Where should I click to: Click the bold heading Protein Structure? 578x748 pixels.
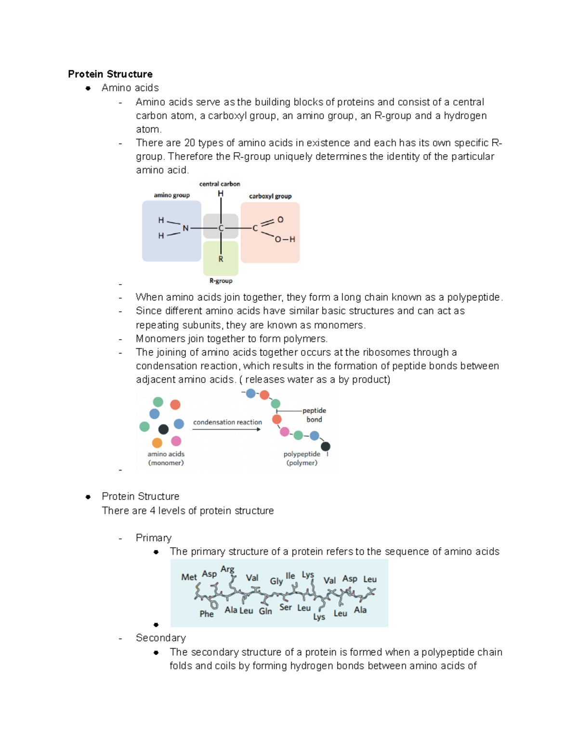pos(110,74)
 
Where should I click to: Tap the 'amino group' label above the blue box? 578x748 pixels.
pos(171,195)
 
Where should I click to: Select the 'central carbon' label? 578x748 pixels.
pos(220,184)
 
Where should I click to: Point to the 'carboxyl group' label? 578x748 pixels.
pos(270,196)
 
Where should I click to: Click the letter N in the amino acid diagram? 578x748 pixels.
pos(185,228)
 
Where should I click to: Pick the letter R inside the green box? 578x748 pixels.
pos(221,259)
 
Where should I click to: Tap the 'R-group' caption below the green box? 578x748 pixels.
pos(221,281)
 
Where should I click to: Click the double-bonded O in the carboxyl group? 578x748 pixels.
pos(280,220)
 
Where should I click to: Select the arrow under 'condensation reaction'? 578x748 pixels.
pos(227,429)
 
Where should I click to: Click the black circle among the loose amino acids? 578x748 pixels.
pos(163,429)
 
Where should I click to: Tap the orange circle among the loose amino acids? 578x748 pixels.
pos(157,443)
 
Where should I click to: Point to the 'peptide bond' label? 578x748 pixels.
pos(314,415)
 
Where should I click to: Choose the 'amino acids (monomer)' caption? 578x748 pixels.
pos(166,458)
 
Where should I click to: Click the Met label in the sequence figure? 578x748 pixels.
pos(189,577)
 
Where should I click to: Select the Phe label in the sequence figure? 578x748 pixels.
pos(206,614)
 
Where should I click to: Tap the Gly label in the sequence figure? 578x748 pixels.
pos(276,581)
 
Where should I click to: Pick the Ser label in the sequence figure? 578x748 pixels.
pos(285,607)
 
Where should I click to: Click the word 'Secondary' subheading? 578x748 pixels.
pos(160,638)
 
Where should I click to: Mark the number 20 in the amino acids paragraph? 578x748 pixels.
pos(190,143)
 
